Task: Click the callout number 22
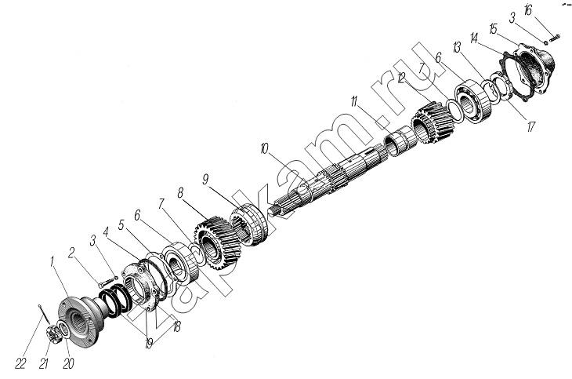pos(20,363)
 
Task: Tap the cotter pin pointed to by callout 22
pos(43,314)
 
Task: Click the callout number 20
pos(68,363)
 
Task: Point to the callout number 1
pos(52,261)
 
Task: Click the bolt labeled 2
pos(105,282)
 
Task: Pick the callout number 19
pos(148,344)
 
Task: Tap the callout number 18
pos(176,326)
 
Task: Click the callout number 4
pos(106,231)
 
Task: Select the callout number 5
pos(121,224)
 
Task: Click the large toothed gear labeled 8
pos(216,241)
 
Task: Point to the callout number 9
pos(205,180)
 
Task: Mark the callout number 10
pos(264,149)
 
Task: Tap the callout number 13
pos(456,48)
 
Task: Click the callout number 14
pos(475,38)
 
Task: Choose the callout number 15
pos(493,28)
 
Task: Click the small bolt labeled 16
pos(554,37)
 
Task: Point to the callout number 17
pos(530,126)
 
